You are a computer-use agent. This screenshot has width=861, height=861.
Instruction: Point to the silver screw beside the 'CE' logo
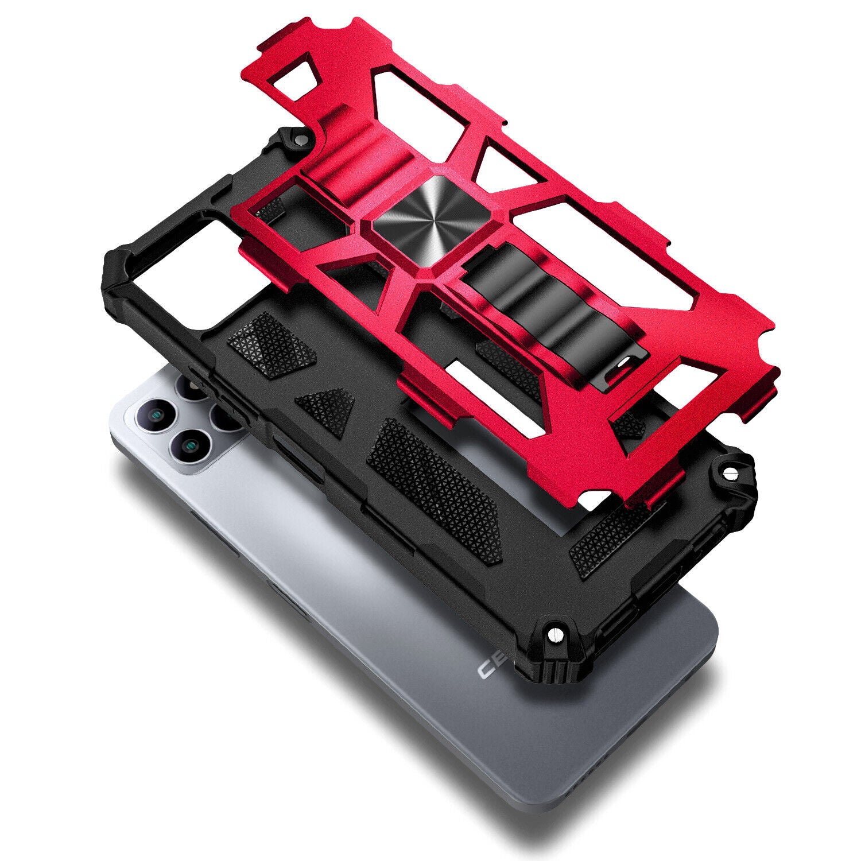pos(556,634)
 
